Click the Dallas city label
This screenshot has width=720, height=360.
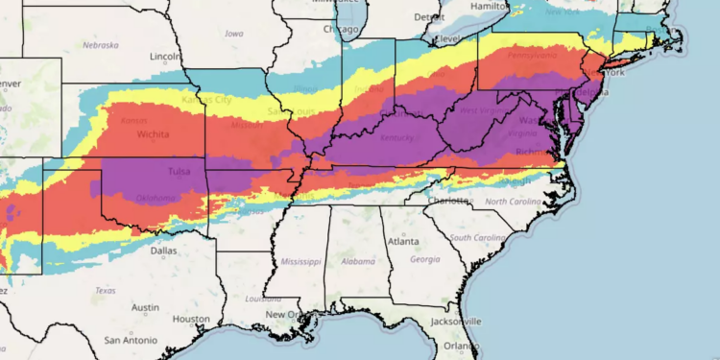tap(163, 250)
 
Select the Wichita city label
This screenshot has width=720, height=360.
tap(154, 135)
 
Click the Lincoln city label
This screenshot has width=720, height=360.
tap(166, 56)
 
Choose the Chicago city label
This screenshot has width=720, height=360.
tap(341, 29)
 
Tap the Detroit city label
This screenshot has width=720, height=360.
tap(429, 17)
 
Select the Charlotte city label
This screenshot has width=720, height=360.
tap(450, 201)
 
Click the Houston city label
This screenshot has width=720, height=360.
tap(192, 319)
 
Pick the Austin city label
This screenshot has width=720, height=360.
tap(146, 307)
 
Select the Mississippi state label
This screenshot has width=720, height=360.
tap(301, 261)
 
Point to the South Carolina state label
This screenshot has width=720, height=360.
tap(477, 237)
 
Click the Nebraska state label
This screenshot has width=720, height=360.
tap(100, 45)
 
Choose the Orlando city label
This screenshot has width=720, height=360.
tap(462, 346)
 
